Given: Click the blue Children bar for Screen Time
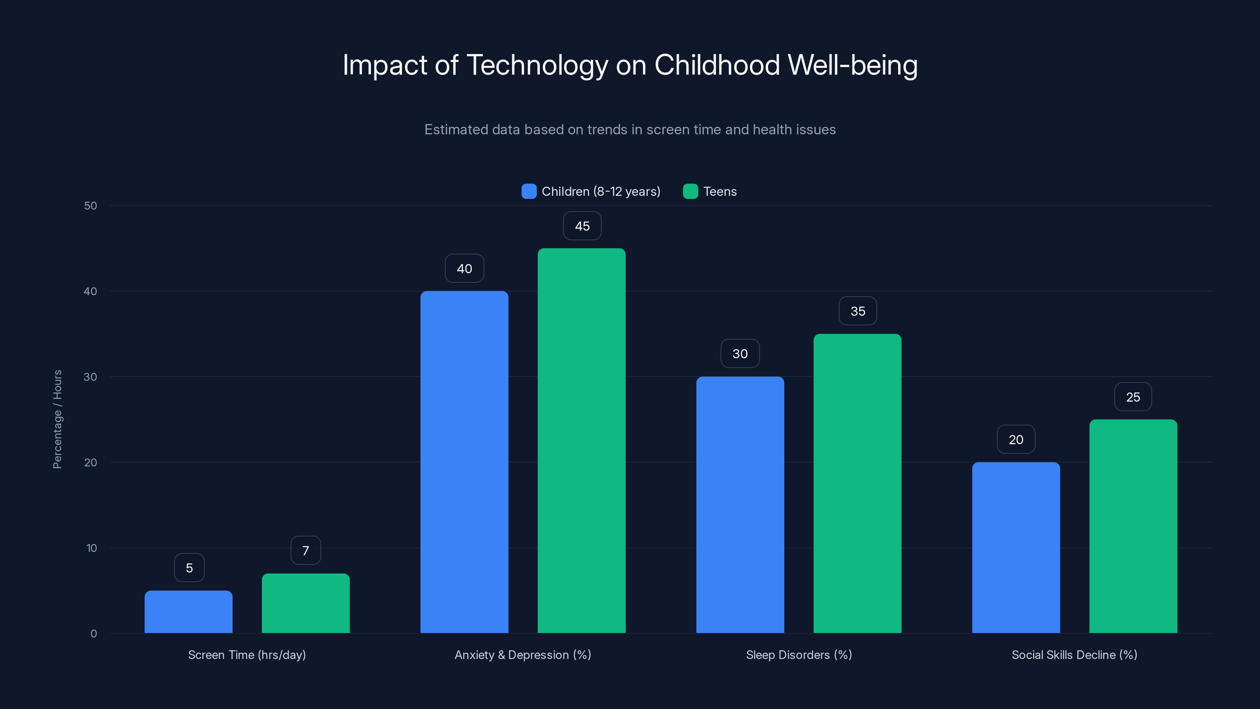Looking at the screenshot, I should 188,612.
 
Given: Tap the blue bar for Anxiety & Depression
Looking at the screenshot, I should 464,462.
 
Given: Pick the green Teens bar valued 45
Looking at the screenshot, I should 582,440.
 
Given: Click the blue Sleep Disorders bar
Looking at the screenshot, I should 740,505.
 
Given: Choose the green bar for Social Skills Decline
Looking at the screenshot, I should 1133,526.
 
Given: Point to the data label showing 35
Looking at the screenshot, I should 858,311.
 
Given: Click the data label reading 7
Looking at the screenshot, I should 306,551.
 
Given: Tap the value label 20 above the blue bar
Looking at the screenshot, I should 1016,440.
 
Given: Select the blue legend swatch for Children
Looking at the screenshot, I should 529,191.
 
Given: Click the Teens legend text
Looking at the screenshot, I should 719,191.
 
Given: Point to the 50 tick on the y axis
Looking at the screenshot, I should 91,206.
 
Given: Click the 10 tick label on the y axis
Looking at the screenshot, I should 91,548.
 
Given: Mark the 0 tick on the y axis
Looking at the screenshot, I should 93,634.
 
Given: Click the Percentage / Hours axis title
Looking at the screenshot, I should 57,419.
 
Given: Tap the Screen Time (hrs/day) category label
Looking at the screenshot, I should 247,655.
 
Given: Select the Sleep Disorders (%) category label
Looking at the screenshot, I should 799,655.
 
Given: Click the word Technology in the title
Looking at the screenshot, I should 537,65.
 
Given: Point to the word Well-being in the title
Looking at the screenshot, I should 852,65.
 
